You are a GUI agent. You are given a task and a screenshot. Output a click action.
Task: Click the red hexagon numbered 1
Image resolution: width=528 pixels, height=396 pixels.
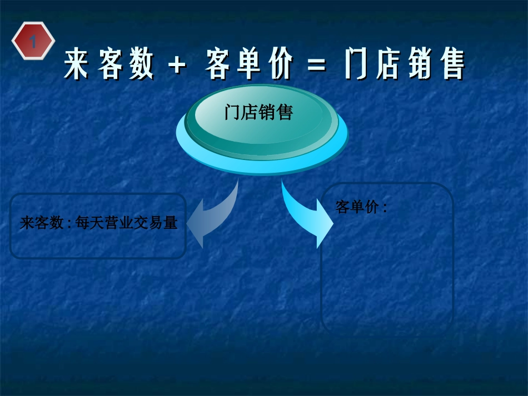point(33,41)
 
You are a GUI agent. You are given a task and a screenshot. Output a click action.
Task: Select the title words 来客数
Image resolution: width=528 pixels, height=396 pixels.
point(109,64)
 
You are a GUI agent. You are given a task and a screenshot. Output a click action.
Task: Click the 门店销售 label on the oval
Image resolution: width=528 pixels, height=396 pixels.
point(258,113)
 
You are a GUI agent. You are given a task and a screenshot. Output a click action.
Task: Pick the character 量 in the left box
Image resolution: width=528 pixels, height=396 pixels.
point(170,223)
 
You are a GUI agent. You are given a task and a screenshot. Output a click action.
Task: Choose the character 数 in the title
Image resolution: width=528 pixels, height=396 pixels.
point(141,64)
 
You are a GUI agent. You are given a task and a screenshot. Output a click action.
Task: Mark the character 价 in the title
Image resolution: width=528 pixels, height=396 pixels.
point(280,64)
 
